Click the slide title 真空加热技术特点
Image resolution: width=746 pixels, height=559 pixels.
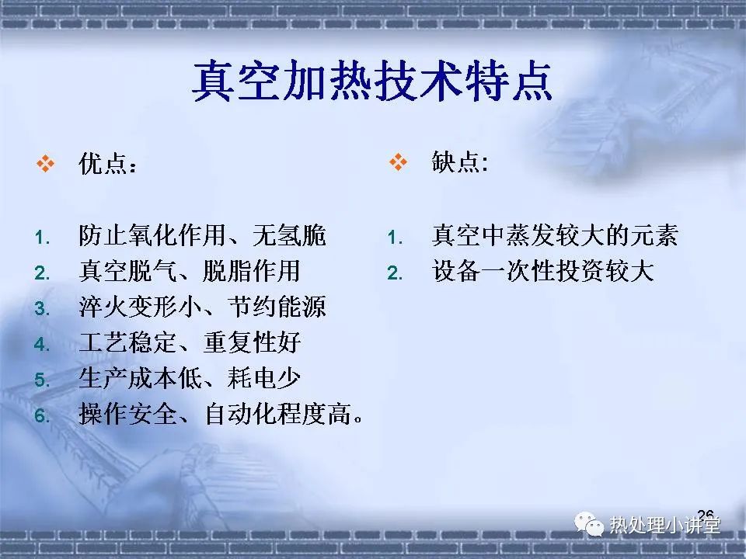(372, 81)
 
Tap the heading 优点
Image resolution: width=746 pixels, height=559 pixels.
(107, 164)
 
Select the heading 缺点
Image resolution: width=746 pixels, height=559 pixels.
(459, 162)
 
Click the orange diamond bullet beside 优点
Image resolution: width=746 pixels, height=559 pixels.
(45, 164)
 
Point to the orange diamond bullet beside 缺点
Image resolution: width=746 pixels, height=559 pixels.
(398, 161)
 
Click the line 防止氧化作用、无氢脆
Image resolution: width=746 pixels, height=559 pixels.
(202, 235)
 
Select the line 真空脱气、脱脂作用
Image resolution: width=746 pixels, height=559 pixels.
(190, 271)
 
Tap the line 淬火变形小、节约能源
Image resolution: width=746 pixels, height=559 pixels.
(202, 307)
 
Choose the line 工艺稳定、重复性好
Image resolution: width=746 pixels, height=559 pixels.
(190, 342)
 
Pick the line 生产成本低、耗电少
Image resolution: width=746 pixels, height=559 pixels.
(190, 378)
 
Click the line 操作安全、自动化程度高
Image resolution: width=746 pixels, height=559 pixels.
(221, 414)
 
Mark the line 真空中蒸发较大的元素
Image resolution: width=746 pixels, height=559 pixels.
(555, 235)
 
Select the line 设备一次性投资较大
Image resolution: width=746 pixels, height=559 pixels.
(542, 271)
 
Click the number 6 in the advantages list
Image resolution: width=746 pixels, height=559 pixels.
(42, 416)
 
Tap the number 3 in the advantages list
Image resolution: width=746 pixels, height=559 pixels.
(42, 309)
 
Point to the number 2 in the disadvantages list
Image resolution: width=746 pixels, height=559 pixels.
(395, 273)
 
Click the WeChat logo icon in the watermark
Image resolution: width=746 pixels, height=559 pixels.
(588, 523)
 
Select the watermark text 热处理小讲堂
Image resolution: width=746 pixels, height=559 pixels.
(664, 526)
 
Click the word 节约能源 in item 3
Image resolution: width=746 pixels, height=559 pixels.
(277, 307)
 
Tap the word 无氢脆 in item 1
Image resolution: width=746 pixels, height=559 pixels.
(289, 235)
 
